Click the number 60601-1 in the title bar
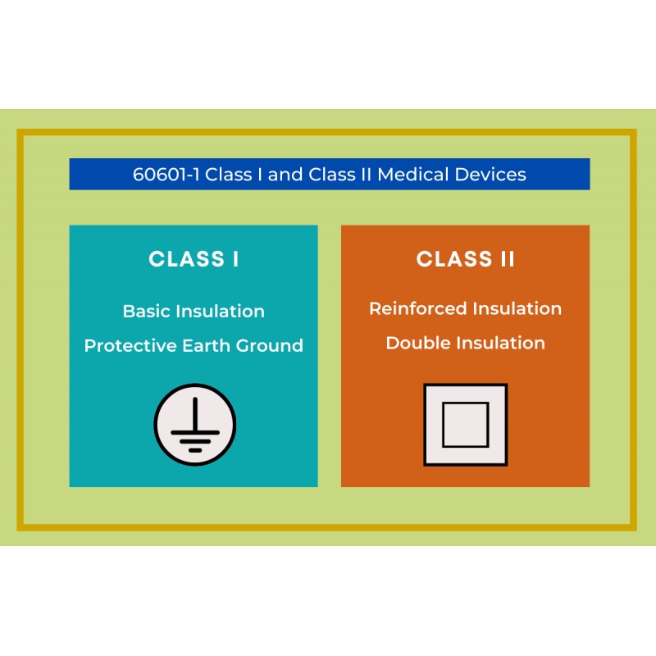166,175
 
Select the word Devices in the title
490,175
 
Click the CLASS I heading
194,259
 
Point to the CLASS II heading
465,259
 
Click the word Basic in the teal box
147,312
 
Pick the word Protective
130,345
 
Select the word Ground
270,345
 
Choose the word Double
418,343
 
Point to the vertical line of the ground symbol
195,414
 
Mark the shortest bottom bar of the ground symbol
195,450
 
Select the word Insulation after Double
501,343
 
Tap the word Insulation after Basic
221,312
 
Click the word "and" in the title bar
285,175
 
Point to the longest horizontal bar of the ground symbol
195,433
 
